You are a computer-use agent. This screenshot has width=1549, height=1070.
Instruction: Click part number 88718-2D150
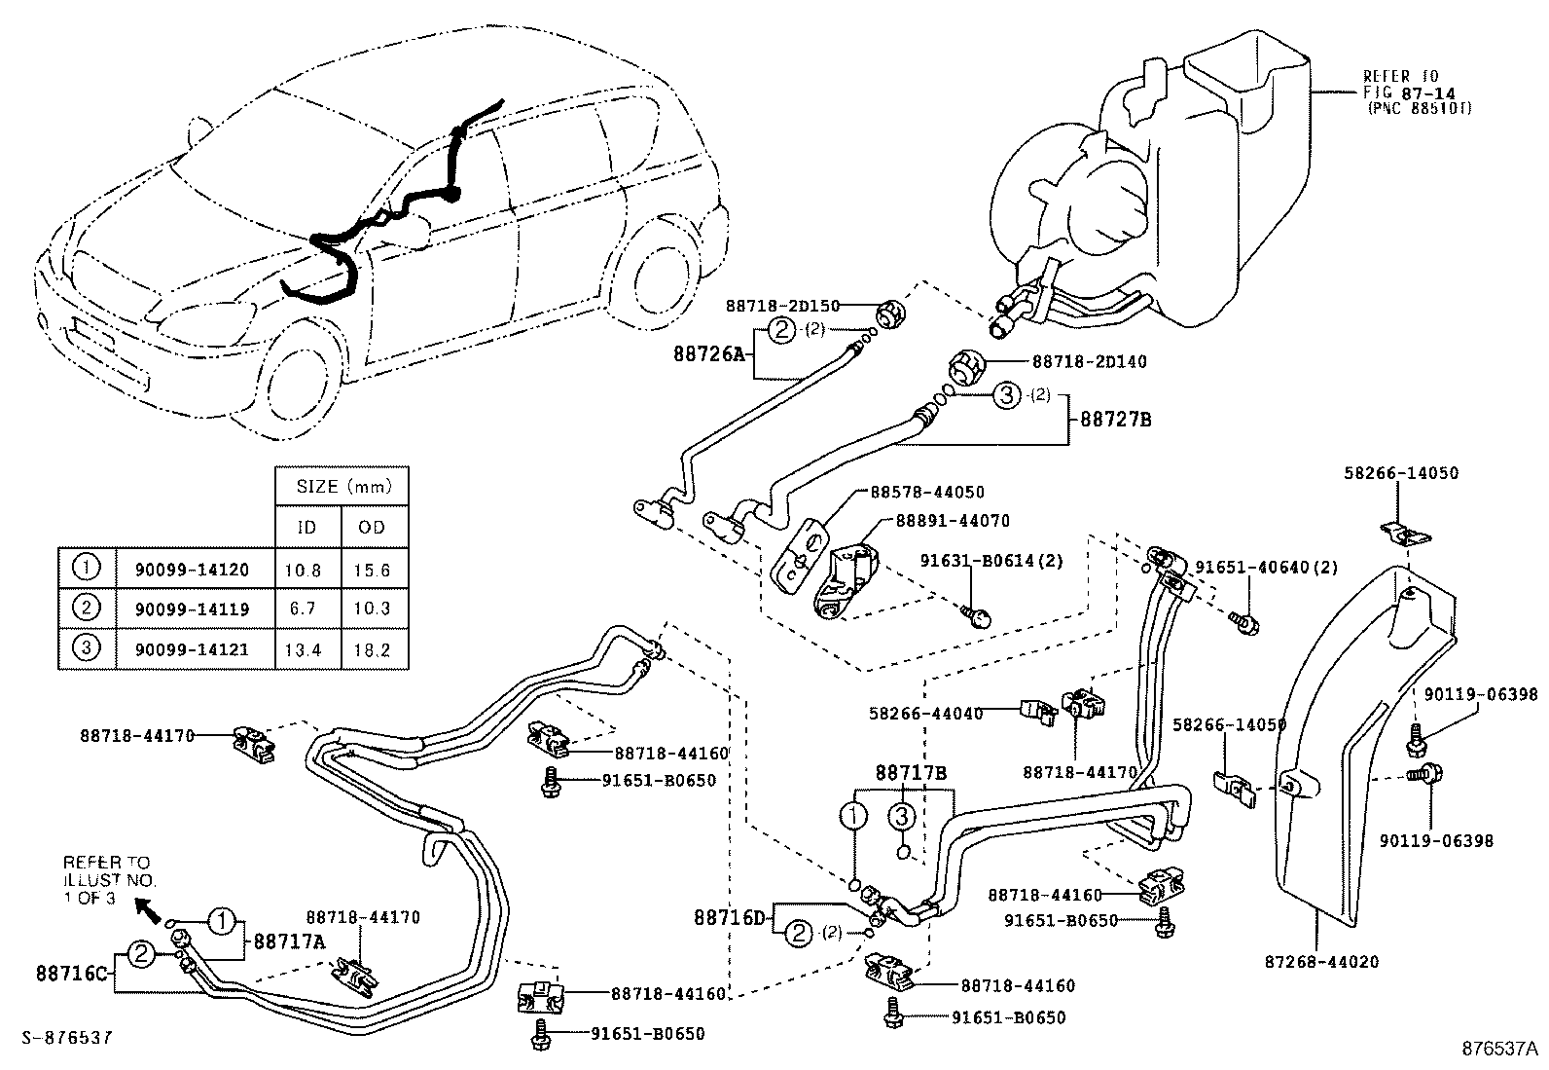point(781,306)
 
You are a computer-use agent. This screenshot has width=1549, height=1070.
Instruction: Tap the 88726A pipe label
point(707,355)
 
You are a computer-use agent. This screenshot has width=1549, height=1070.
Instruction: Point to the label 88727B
point(1115,420)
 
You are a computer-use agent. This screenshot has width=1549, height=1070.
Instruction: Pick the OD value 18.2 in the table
point(373,649)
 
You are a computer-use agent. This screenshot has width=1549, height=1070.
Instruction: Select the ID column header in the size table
point(307,527)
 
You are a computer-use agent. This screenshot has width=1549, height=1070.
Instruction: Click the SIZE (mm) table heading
point(340,486)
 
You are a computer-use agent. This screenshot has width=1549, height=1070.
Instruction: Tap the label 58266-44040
point(924,714)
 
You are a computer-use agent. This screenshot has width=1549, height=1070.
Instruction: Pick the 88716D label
point(731,917)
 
